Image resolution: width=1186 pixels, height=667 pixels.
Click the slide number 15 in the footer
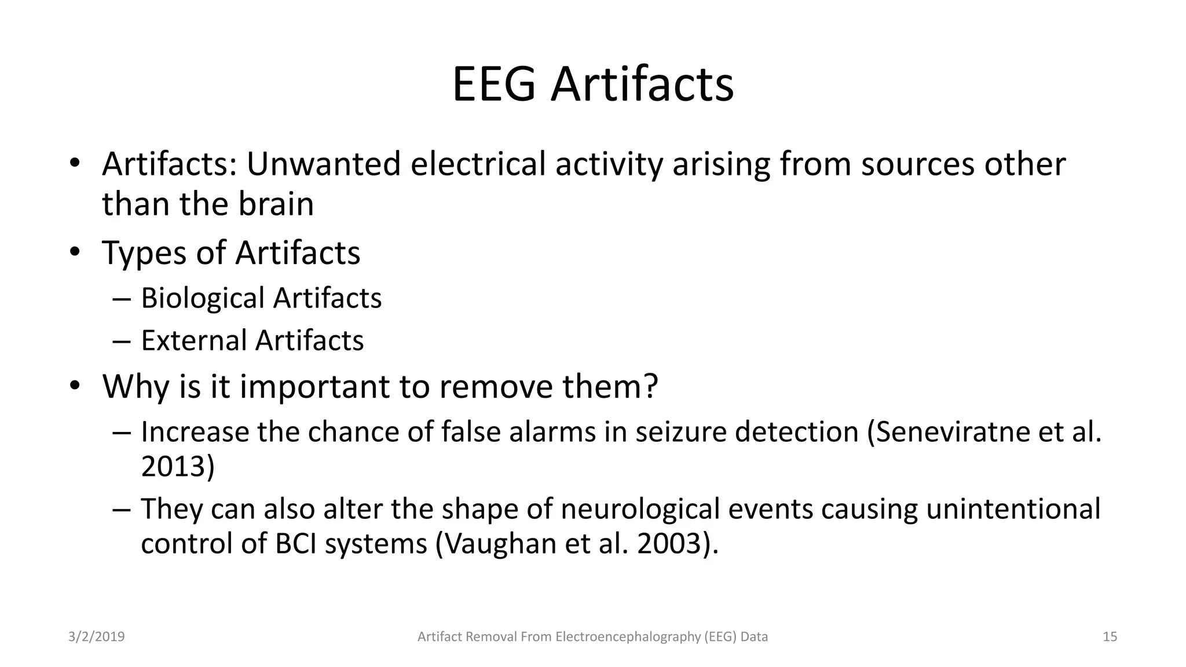click(x=1110, y=637)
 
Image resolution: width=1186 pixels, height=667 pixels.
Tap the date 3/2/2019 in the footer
click(x=96, y=637)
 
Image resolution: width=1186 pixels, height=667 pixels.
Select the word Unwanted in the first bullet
click(x=323, y=164)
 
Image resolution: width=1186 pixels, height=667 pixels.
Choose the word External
click(x=194, y=340)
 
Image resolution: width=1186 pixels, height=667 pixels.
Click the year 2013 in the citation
click(x=173, y=467)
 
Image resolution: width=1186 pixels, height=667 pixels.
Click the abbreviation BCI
click(x=295, y=544)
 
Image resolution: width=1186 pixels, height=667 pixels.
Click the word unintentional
click(x=1013, y=510)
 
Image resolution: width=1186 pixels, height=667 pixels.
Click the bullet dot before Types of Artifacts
click(x=74, y=252)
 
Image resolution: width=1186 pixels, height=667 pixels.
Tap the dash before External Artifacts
click(x=122, y=341)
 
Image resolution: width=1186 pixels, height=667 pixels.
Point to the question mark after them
click(x=651, y=386)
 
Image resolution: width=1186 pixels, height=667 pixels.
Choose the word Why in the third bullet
click(x=136, y=387)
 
